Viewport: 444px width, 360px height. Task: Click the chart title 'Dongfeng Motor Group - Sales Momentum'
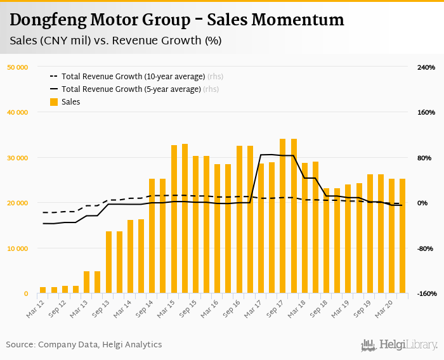[177, 20]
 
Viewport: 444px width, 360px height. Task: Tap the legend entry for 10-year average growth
[133, 77]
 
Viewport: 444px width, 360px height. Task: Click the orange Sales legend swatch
[54, 102]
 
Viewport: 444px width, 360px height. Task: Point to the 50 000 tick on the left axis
[17, 67]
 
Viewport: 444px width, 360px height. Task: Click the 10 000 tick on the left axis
[17, 248]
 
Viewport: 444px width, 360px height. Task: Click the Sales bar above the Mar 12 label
[43, 290]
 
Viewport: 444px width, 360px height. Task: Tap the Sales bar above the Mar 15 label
[174, 219]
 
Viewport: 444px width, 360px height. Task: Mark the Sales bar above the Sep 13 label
[108, 262]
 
